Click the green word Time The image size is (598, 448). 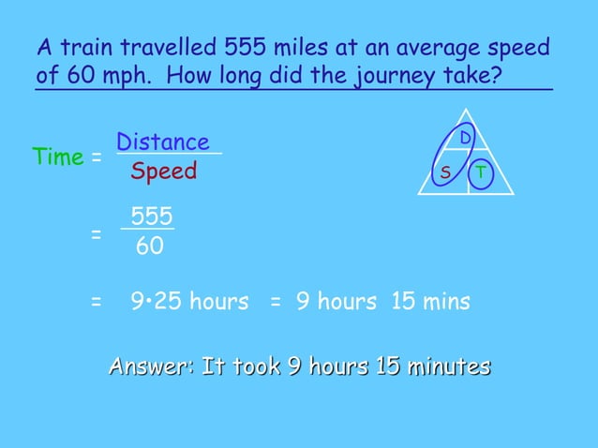click(58, 157)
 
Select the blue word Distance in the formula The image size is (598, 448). click(163, 142)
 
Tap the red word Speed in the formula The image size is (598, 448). click(164, 172)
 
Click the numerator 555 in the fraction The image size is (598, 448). click(152, 217)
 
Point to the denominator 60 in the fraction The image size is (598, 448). click(150, 246)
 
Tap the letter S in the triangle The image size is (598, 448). click(445, 173)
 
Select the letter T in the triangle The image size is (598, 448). click(480, 173)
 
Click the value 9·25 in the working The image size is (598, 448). click(157, 302)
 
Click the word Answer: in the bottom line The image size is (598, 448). click(152, 366)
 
